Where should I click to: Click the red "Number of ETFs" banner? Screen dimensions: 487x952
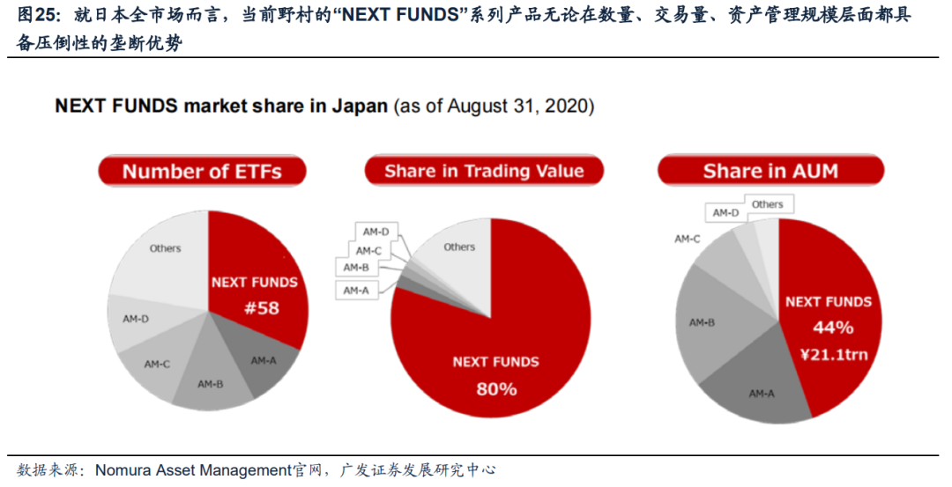pyautogui.click(x=202, y=172)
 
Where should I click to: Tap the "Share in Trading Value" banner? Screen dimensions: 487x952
pyautogui.click(x=484, y=172)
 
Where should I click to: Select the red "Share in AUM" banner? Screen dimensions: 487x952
pyautogui.click(x=770, y=172)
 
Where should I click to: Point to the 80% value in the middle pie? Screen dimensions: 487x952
pyautogui.click(x=495, y=387)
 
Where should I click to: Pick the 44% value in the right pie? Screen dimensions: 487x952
pyautogui.click(x=832, y=328)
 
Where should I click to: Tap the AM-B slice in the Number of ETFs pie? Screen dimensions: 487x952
pyautogui.click(x=211, y=385)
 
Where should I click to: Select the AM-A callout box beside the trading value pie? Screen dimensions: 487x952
pyautogui.click(x=356, y=290)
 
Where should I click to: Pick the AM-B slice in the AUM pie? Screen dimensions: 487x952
pyautogui.click(x=702, y=323)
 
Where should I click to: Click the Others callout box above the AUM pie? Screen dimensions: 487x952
pyautogui.click(x=767, y=204)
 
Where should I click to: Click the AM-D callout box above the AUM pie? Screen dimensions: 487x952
pyautogui.click(x=725, y=213)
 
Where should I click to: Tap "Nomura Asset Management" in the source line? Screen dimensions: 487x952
pyautogui.click(x=192, y=469)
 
